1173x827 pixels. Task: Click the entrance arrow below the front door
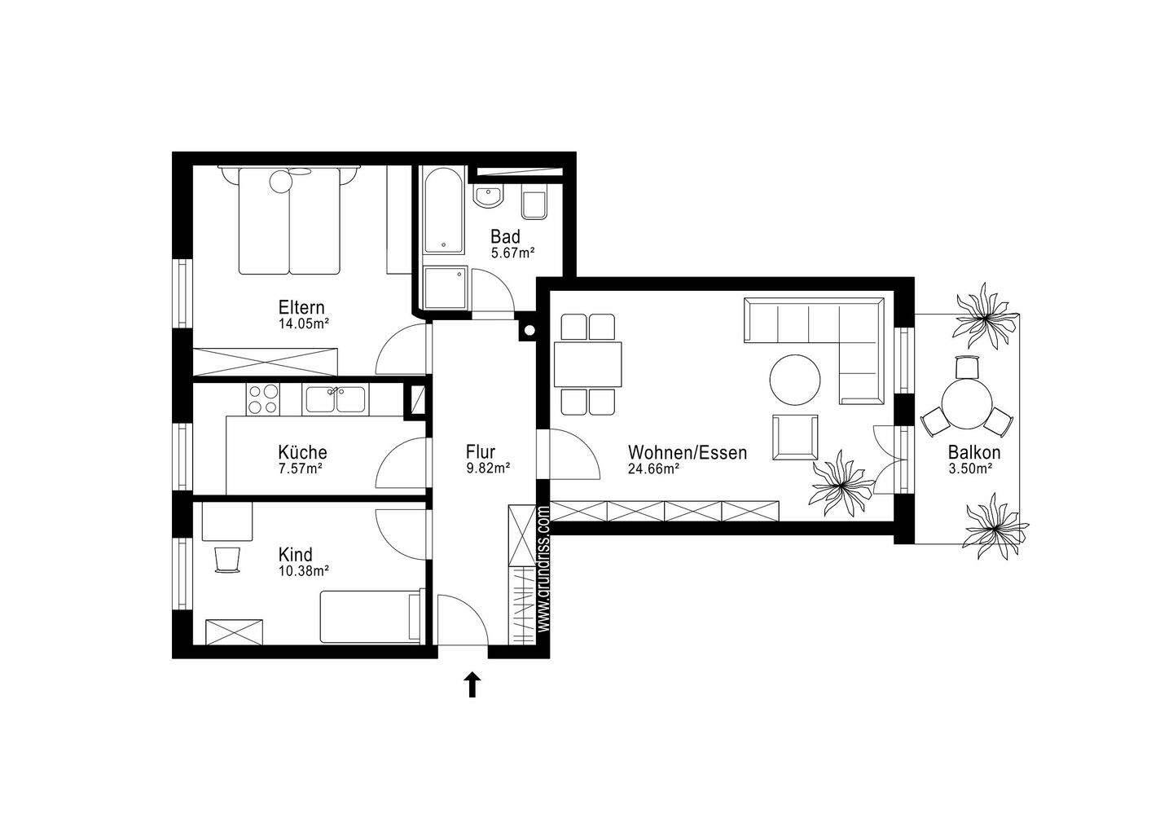(472, 684)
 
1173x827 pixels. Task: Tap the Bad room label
(505, 237)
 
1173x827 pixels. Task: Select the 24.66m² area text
(654, 468)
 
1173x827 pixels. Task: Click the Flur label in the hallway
(481, 451)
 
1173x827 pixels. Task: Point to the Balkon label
(974, 453)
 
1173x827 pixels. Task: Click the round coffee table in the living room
(795, 380)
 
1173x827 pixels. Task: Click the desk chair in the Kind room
(228, 560)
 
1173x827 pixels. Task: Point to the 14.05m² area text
(302, 323)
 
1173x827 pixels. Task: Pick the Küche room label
(302, 452)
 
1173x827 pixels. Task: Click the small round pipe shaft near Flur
(529, 331)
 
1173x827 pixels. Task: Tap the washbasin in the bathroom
(488, 197)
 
